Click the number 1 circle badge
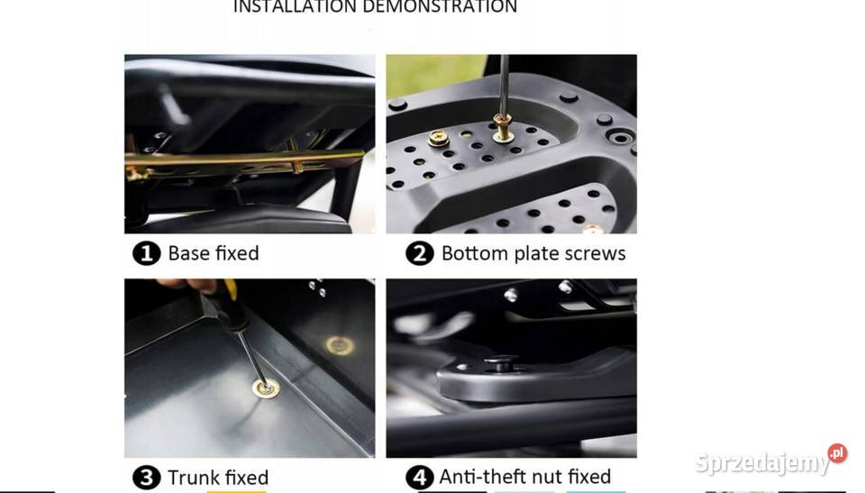pyautogui.click(x=146, y=253)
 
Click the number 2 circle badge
pyautogui.click(x=419, y=253)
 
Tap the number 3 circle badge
pyautogui.click(x=146, y=478)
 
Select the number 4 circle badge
pyautogui.click(x=419, y=477)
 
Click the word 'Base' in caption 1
pyautogui.click(x=188, y=253)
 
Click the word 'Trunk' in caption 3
pyautogui.click(x=195, y=478)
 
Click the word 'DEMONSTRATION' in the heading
pyautogui.click(x=440, y=6)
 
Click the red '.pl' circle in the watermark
pyautogui.click(x=837, y=453)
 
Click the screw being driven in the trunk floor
pyautogui.click(x=265, y=388)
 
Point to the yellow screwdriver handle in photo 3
pyautogui.click(x=231, y=289)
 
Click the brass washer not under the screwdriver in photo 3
pyautogui.click(x=340, y=345)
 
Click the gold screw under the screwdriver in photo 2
pyautogui.click(x=503, y=128)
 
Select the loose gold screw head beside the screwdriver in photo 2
pyautogui.click(x=438, y=138)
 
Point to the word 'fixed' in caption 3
pyautogui.click(x=248, y=478)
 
